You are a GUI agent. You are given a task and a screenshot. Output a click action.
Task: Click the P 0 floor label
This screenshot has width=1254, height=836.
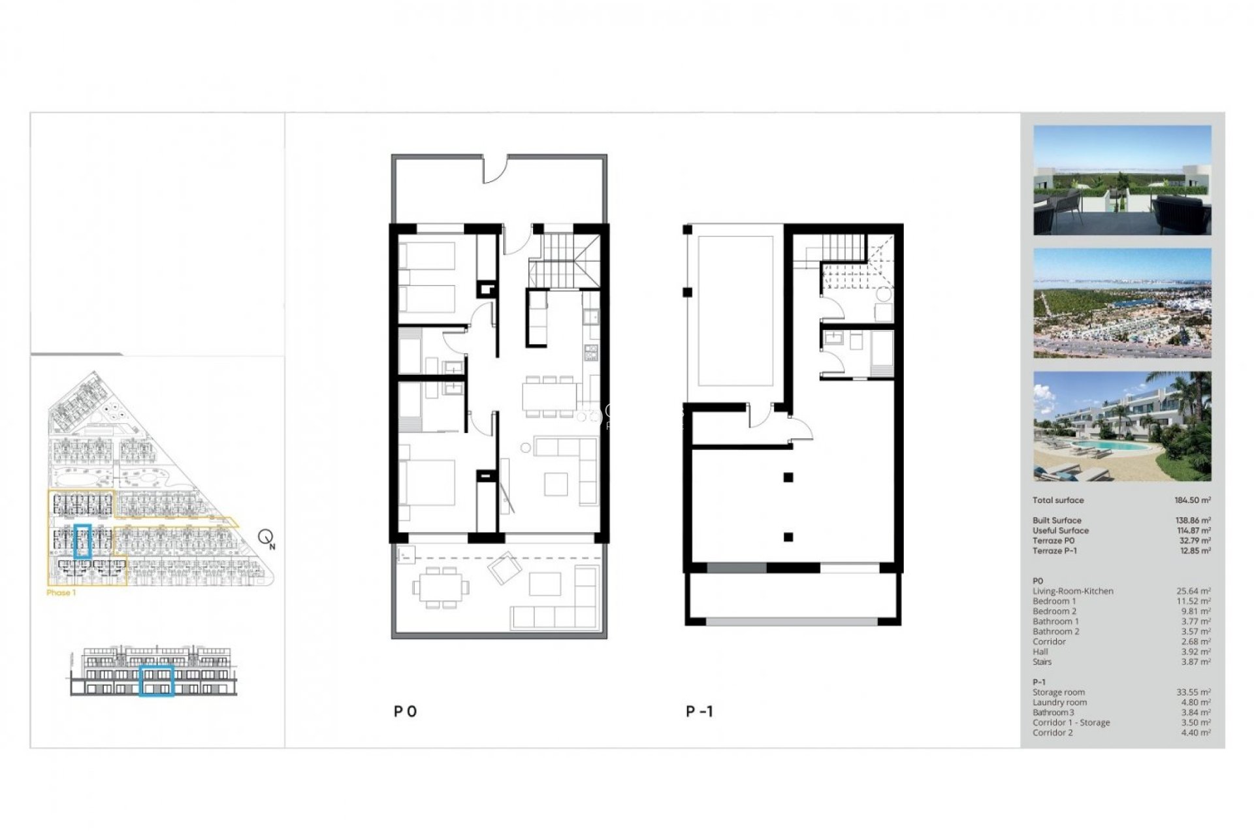(405, 711)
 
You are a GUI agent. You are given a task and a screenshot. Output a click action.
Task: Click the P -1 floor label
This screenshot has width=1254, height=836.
(699, 711)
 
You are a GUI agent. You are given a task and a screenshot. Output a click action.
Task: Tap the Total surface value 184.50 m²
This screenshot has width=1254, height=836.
(1192, 500)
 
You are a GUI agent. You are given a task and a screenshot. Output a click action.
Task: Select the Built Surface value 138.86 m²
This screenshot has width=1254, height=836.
(1193, 521)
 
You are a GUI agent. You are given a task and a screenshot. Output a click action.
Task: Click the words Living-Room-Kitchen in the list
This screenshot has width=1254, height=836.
(1072, 591)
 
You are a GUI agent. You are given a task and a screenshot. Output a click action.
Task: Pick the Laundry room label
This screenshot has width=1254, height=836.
(1059, 703)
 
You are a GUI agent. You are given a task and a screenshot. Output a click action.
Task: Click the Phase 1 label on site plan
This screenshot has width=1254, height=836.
(61, 593)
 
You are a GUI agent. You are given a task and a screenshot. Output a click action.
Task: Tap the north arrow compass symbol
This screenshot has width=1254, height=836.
(266, 538)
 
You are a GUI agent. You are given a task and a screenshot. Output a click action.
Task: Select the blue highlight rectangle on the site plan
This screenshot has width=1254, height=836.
(82, 541)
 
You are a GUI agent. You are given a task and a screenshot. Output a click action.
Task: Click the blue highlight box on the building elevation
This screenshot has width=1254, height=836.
(157, 681)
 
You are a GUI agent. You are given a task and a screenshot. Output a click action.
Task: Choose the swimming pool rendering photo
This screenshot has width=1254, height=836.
(1121, 426)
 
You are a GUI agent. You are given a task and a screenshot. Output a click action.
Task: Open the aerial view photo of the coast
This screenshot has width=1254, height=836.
(1121, 303)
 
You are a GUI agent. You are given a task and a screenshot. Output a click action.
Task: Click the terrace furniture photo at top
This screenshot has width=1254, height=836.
(1121, 180)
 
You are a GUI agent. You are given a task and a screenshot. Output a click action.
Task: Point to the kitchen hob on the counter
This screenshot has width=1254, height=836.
(590, 353)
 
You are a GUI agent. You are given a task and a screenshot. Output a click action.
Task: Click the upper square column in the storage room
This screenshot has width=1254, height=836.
(788, 477)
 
